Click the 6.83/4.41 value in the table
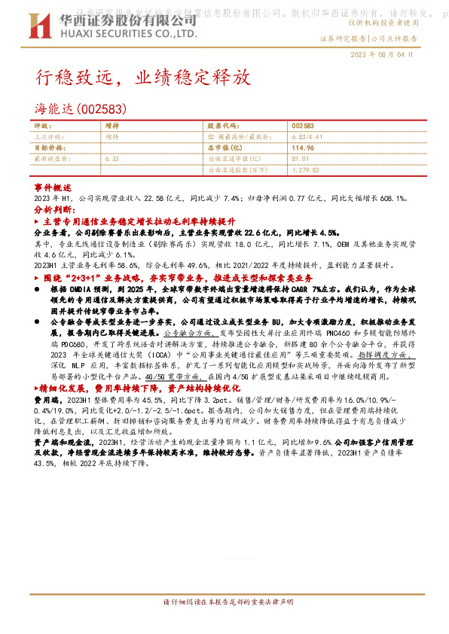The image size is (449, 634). click(306, 137)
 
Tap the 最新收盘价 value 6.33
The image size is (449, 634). click(113, 160)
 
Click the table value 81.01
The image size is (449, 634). click(301, 160)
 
